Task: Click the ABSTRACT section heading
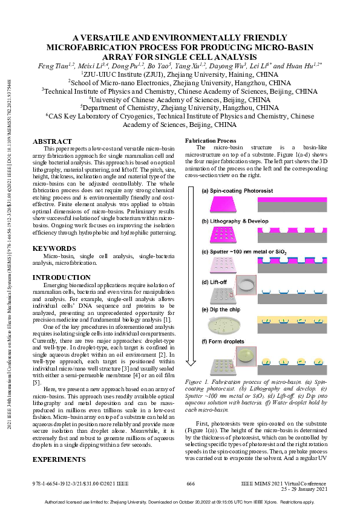pos(51,141)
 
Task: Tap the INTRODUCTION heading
pos(61,277)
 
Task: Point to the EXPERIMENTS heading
pos(59,443)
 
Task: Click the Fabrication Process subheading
pos(210,140)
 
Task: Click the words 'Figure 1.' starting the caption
pos(198,383)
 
